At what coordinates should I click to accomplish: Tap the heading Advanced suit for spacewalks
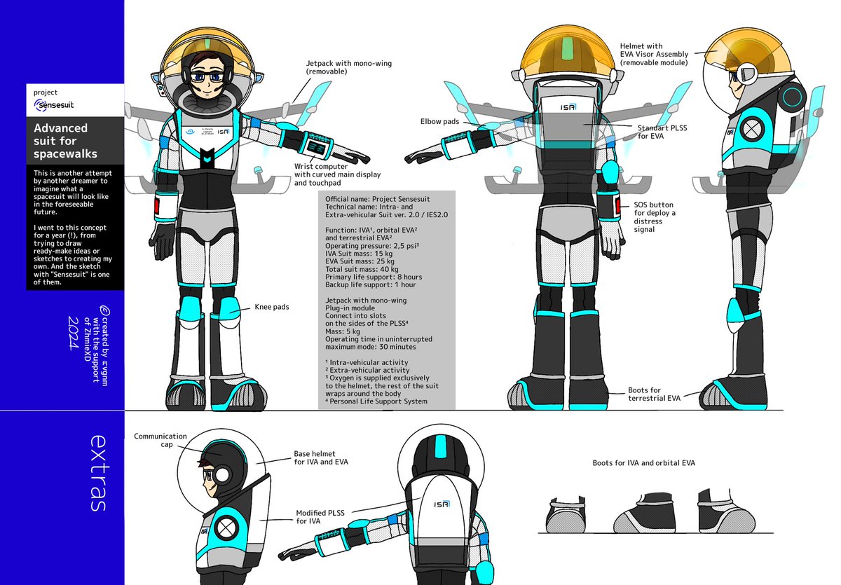tap(65, 141)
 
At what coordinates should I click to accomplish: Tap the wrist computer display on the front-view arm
tap(315, 149)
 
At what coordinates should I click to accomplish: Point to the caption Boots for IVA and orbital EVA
tap(643, 462)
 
